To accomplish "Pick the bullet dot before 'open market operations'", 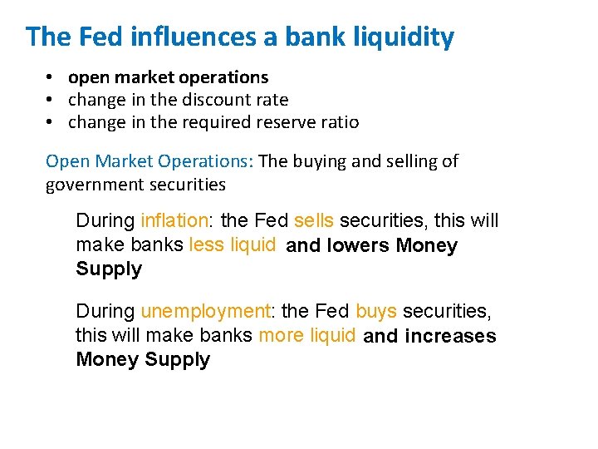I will click(51, 77).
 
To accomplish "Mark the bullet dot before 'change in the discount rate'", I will click(51, 100).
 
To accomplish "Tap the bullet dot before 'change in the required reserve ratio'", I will click(51, 122).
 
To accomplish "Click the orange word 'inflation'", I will click(174, 221).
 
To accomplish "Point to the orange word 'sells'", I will click(314, 221).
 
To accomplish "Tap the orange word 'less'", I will click(207, 245).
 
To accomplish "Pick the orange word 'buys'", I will click(376, 312).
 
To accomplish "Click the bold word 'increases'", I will click(450, 337).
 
